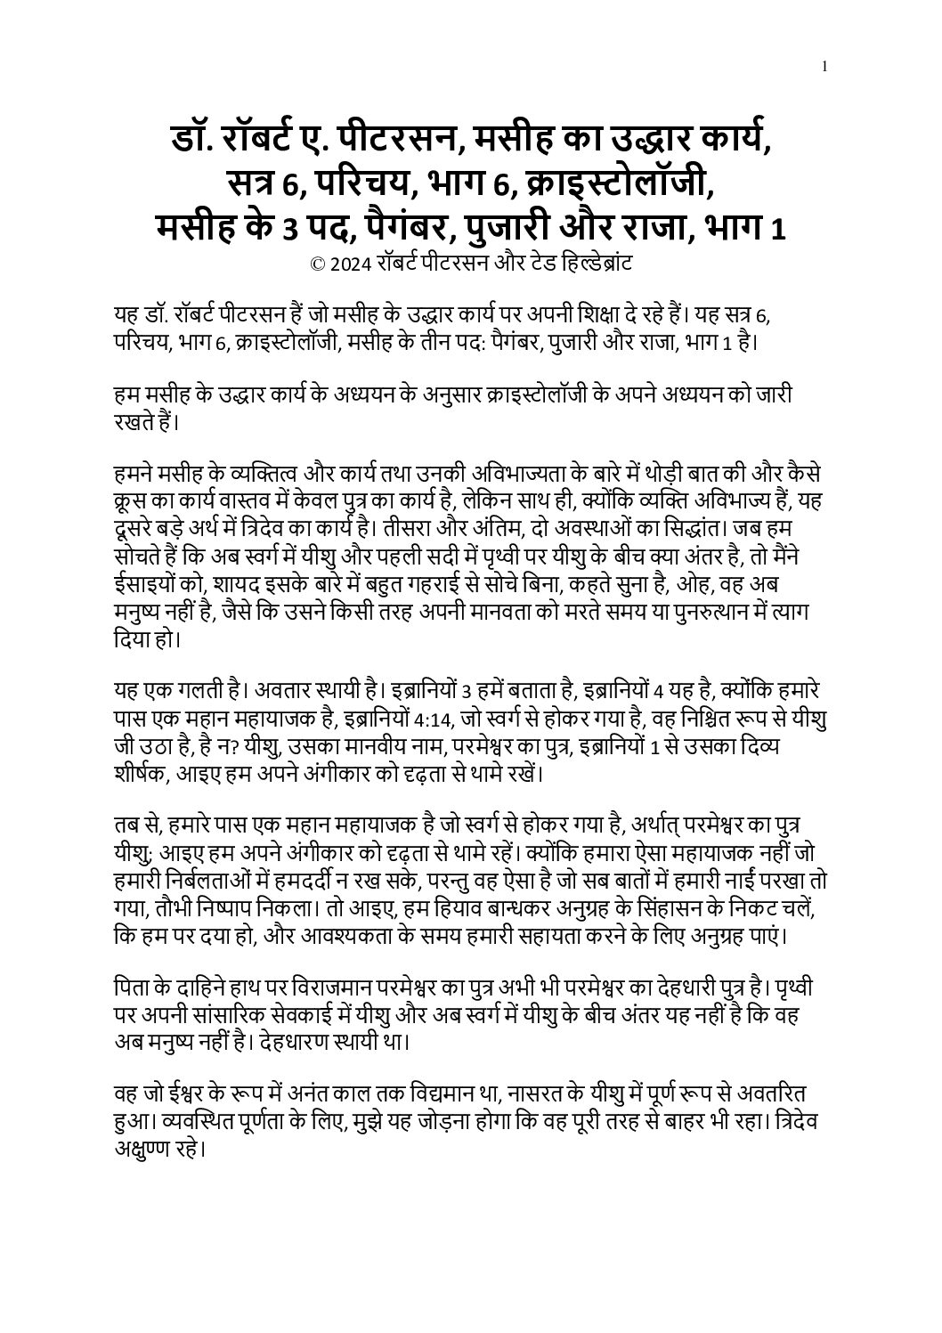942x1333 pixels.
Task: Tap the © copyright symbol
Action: pos(316,264)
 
